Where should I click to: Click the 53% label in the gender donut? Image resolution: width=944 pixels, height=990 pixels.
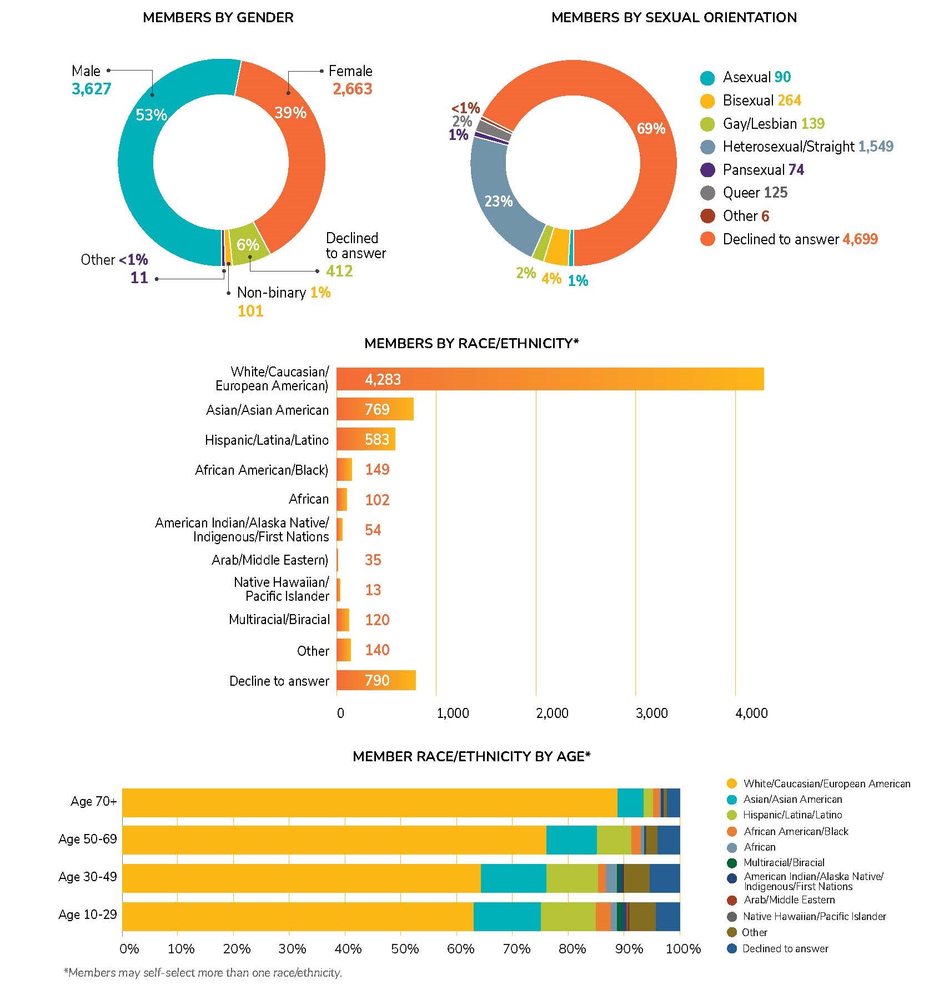click(151, 115)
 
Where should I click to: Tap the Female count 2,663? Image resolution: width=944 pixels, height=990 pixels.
click(352, 89)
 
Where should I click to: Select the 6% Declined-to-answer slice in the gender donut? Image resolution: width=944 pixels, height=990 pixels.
click(248, 244)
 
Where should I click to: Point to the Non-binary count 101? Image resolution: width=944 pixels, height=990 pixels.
click(250, 310)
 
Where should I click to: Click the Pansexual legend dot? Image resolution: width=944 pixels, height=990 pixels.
click(707, 170)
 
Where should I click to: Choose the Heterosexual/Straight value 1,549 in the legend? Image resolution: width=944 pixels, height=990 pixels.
click(876, 147)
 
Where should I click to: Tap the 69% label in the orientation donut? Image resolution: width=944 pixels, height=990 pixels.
click(651, 129)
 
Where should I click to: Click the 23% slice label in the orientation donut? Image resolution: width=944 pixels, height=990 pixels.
click(498, 201)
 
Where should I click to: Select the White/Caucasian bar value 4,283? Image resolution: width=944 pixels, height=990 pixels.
click(383, 379)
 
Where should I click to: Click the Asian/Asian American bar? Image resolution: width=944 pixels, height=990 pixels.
click(375, 409)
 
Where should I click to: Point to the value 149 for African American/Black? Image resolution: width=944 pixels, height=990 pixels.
click(377, 470)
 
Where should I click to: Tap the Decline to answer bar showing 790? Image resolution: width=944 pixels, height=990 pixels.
click(376, 680)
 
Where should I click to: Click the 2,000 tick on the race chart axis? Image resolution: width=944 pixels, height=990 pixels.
click(552, 713)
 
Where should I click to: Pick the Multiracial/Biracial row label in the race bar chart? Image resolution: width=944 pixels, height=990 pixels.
click(279, 620)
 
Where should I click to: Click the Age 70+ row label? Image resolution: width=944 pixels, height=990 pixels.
click(93, 801)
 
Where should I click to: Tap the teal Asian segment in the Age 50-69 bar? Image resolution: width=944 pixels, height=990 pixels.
click(571, 840)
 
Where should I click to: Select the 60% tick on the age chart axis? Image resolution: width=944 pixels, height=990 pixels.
click(460, 948)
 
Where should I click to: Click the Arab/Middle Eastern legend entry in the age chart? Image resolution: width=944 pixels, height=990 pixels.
click(789, 899)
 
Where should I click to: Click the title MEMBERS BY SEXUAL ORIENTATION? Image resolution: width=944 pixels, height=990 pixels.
click(674, 18)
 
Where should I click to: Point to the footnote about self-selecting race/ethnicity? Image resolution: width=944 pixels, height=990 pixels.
click(203, 972)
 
